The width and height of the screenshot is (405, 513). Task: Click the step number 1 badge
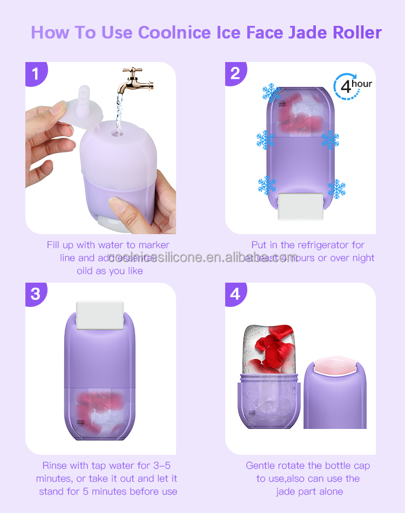(x=36, y=73)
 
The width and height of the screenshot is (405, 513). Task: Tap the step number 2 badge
(x=235, y=73)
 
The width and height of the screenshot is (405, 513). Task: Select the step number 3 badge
(x=36, y=294)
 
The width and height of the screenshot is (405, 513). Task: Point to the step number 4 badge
(x=235, y=294)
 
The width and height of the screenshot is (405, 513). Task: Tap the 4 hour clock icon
(x=352, y=85)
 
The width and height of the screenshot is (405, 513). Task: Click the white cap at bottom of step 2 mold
(x=301, y=206)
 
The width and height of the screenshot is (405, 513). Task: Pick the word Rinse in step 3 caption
(x=56, y=466)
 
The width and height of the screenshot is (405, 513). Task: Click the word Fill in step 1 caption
(x=54, y=245)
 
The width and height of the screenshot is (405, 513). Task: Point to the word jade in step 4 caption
(x=287, y=491)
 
